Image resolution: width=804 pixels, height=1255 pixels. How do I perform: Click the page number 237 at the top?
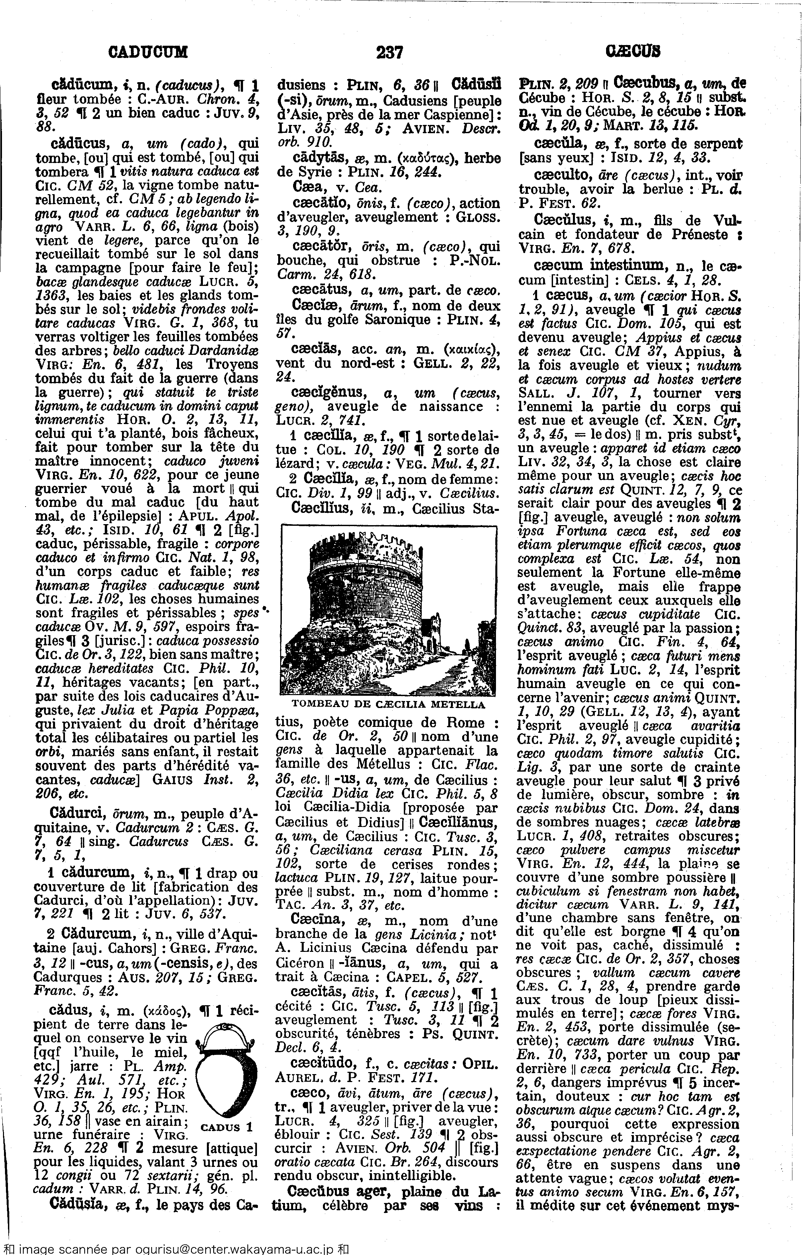390,53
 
